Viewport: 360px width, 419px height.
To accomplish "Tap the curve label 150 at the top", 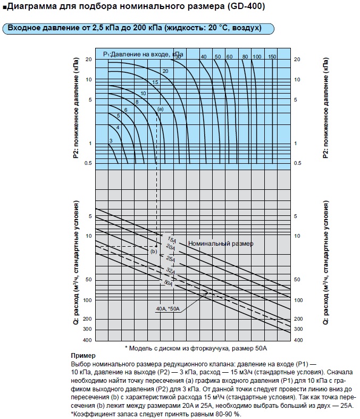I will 272,56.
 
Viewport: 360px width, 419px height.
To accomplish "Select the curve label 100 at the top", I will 257,56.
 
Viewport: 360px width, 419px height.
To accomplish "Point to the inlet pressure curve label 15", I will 155,82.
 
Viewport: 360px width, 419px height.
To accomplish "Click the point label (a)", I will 160,108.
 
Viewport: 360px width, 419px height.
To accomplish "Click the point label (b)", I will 154,251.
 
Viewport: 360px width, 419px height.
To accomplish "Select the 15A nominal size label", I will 171,239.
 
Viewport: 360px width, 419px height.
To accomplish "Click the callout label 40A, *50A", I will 167,308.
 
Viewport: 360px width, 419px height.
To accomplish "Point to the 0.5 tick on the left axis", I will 88,163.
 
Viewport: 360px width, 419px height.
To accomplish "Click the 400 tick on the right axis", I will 298,340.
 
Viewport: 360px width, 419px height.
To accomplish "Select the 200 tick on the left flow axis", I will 88,319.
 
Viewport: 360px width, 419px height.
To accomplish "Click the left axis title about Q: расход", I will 77,263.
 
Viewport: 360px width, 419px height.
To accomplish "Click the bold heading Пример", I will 82,355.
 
